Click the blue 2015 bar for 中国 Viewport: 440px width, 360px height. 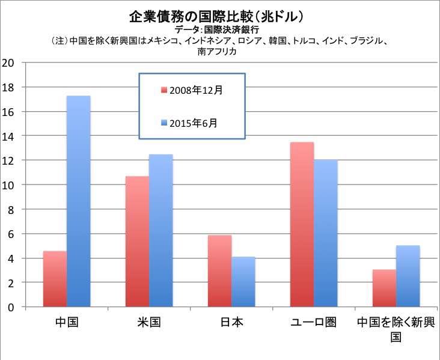79,201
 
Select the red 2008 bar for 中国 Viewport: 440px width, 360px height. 55,279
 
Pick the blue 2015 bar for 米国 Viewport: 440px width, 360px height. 161,231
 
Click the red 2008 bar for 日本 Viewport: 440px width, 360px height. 220,271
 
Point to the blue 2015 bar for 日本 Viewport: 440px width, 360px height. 243,282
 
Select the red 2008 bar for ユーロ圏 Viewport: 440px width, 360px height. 302,225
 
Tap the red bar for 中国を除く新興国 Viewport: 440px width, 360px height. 385,288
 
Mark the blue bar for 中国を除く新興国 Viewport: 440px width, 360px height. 408,276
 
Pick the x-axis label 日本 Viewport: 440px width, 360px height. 231,322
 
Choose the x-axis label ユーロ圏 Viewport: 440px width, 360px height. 313,322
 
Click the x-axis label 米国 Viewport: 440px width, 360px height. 149,322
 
